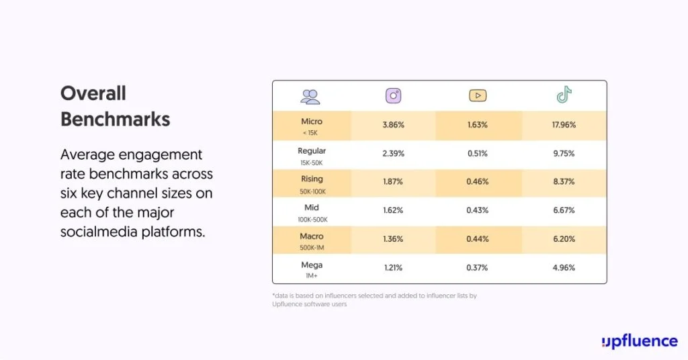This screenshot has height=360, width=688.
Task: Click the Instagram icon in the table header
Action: (x=393, y=96)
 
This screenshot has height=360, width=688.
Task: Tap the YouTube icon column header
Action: (x=478, y=96)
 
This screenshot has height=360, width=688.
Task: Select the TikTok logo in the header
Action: (x=564, y=95)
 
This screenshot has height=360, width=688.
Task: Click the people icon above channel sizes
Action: (x=310, y=97)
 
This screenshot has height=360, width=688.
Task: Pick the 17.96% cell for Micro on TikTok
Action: (x=564, y=125)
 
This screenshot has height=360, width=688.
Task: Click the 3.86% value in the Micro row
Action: (x=393, y=125)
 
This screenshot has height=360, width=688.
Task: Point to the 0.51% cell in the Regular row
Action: (x=478, y=153)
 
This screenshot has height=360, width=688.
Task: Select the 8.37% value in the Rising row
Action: (x=564, y=182)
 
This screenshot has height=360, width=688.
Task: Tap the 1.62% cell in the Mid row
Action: (x=393, y=210)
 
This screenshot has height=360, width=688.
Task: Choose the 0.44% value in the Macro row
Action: (x=478, y=239)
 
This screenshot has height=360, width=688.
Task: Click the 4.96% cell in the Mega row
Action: (x=564, y=268)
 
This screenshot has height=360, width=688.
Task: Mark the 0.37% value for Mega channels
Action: (x=478, y=268)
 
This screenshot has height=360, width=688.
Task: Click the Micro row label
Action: (x=312, y=122)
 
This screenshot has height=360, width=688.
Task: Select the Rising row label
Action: (x=312, y=179)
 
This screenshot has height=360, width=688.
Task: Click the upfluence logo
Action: (x=639, y=341)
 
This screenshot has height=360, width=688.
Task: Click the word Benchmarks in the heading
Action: (x=115, y=120)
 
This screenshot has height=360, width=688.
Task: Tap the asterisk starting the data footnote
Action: (x=274, y=294)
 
